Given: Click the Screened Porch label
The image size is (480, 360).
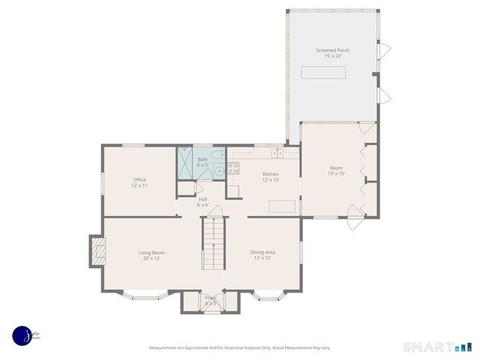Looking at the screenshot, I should coord(332,53).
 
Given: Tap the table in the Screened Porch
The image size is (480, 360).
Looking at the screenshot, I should coord(324,72).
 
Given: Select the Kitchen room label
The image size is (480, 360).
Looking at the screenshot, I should coord(270,176).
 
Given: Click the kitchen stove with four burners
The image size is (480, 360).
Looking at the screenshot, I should coord(232,169).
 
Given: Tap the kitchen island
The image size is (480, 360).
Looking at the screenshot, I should coord(282,206).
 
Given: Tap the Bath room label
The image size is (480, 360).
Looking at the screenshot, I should coord(202,162).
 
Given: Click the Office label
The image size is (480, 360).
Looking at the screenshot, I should coord(139,182).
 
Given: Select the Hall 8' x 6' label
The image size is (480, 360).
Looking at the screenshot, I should coord(202,202).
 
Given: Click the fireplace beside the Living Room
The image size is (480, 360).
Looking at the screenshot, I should coord(96,252).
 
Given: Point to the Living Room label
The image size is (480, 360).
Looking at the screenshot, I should coord(151,255).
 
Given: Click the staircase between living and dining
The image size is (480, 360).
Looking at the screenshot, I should coord(213,244).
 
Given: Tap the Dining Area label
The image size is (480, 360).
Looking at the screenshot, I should coord(262,255).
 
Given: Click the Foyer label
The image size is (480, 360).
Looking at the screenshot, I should coord(211,300).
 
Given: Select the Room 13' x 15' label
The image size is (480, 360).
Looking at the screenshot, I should coord(336,170).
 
